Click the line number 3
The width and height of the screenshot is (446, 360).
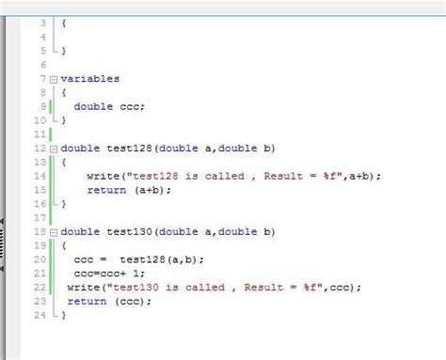coord(43,23)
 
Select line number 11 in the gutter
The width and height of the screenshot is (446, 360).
coord(40,134)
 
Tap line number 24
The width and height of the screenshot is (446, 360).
coord(40,316)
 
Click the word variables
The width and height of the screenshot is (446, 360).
coord(91,79)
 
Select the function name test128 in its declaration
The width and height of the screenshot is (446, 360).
coord(132,149)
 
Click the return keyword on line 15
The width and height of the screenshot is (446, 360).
coord(106,190)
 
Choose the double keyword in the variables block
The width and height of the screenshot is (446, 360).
coord(94,106)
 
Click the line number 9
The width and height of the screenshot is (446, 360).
coord(43,106)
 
